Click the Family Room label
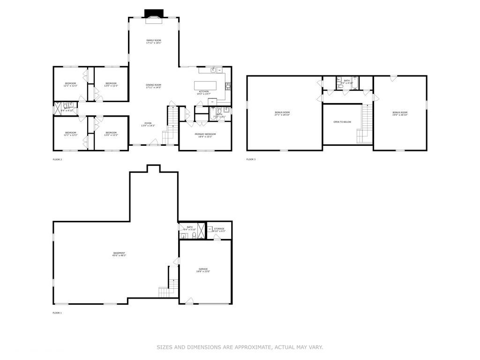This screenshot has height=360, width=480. [x=153, y=42]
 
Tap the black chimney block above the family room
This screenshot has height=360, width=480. [x=153, y=13]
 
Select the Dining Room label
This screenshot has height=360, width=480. [x=153, y=86]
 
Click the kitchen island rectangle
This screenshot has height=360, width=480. [x=205, y=85]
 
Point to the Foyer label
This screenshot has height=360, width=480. [x=148, y=125]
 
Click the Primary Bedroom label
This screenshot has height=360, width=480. [x=205, y=135]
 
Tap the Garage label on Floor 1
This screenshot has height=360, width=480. [x=202, y=270]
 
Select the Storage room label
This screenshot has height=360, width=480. [x=219, y=230]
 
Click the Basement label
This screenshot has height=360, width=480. [x=119, y=254]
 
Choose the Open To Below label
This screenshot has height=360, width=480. [x=342, y=122]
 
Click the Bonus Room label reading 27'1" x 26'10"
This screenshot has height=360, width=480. [x=282, y=113]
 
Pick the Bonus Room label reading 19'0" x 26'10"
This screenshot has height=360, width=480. [x=400, y=113]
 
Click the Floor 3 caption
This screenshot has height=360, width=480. [x=251, y=159]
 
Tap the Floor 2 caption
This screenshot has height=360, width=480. [x=57, y=159]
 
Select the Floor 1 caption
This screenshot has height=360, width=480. [x=57, y=313]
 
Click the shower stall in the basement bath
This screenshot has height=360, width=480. [x=201, y=230]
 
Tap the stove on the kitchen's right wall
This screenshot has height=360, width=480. [x=228, y=86]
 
